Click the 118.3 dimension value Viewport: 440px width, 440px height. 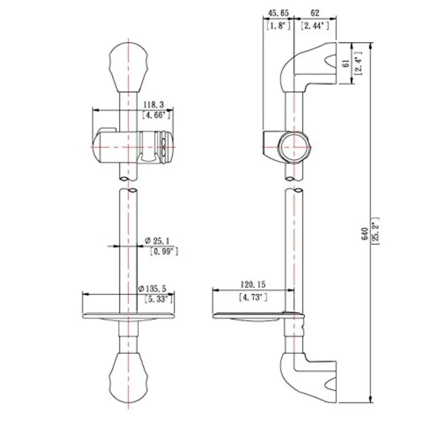[154, 105]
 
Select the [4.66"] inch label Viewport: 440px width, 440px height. [156, 115]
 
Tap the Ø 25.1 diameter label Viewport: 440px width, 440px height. [157, 241]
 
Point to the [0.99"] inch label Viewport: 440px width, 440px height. [164, 251]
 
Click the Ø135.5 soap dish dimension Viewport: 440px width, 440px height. [153, 288]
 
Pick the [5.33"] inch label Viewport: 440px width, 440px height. [159, 299]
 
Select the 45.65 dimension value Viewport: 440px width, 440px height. [278, 13]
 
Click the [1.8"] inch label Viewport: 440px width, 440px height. [278, 26]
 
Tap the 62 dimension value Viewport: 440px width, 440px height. [315, 13]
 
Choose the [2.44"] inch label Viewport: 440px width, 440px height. [315, 26]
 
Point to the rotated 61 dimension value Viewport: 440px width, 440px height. [346, 63]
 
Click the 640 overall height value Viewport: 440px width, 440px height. [365, 234]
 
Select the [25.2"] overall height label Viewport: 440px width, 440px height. [375, 231]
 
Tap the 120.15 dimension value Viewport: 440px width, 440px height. [253, 285]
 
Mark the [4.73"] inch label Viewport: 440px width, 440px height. [253, 297]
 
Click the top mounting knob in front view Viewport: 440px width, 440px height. [128, 67]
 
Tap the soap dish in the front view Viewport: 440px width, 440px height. [128, 316]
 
